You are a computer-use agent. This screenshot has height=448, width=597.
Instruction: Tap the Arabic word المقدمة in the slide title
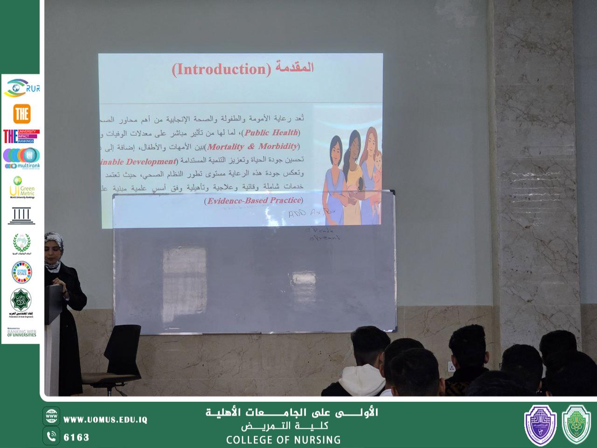(x=293, y=68)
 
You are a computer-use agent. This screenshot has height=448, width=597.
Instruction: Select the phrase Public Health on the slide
(x=271, y=133)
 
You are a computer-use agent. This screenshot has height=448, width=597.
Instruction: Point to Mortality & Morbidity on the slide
(x=252, y=147)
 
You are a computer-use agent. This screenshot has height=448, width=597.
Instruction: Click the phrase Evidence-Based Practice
(x=254, y=201)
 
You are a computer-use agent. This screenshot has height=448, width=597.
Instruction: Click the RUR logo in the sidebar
(x=21, y=88)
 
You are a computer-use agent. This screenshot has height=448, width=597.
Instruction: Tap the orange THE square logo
(x=21, y=114)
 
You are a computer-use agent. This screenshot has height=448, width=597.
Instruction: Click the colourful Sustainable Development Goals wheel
(x=21, y=273)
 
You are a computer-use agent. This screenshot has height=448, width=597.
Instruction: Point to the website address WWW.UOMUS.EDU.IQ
(x=105, y=420)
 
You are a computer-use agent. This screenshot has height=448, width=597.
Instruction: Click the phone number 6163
(x=76, y=437)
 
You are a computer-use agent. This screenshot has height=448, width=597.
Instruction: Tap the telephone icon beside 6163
(x=51, y=437)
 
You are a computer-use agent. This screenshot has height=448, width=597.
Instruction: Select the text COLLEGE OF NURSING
(x=283, y=440)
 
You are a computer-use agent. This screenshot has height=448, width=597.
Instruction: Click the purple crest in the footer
(x=540, y=424)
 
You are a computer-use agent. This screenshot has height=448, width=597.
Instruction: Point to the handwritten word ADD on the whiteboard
(x=298, y=214)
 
